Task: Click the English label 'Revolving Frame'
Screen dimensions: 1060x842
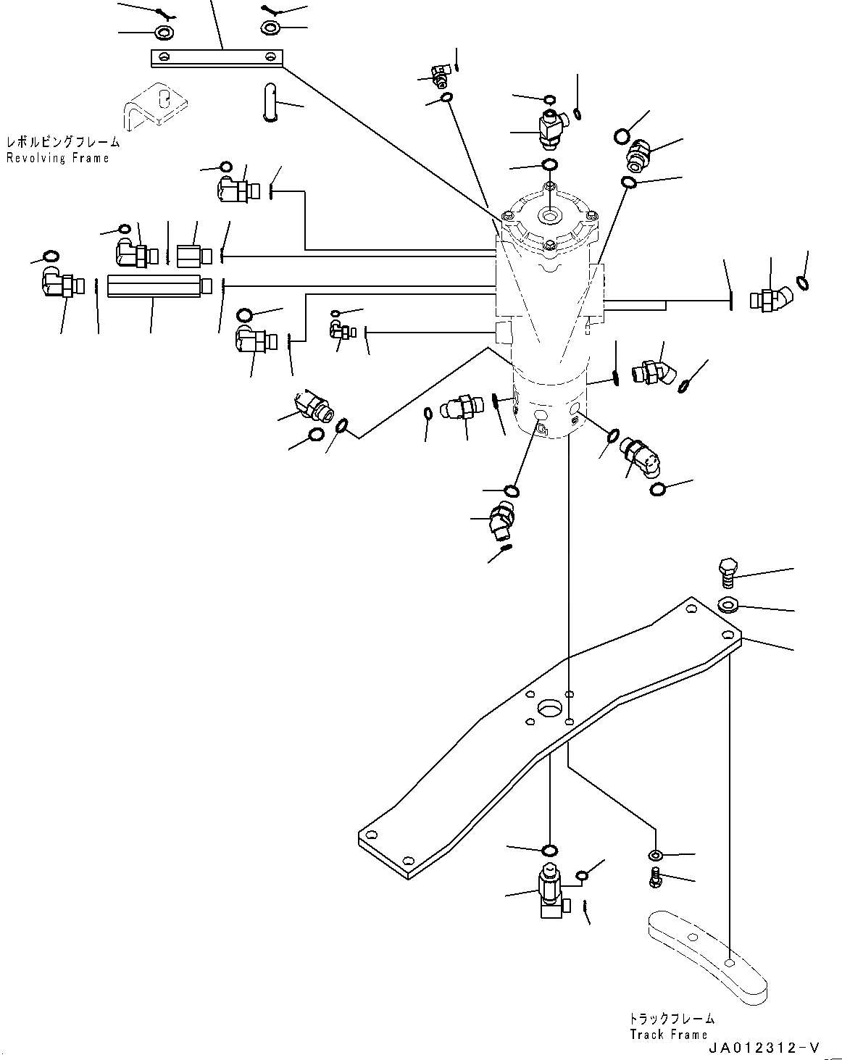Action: [x=58, y=158]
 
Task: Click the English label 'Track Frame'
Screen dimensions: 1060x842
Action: [x=668, y=1034]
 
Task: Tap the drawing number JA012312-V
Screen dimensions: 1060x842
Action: [x=764, y=1048]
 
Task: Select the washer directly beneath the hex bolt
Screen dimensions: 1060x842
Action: [x=727, y=604]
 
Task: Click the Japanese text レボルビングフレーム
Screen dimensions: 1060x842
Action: [x=62, y=143]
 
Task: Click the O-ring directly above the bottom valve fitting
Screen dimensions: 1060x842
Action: [x=550, y=849]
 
